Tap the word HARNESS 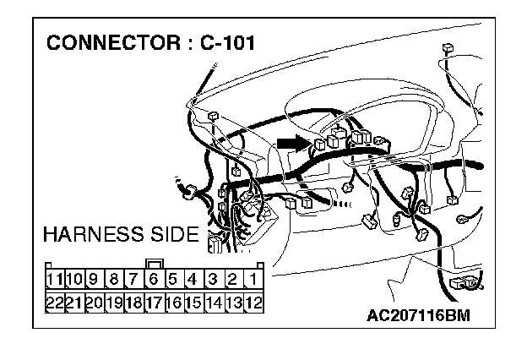90,234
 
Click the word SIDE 171,234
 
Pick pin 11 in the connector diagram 56,278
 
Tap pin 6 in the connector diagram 154,278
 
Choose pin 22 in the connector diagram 56,301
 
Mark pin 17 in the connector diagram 154,301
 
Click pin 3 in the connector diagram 213,278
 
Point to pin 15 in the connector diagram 193,301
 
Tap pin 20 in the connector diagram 95,301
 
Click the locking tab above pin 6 154,261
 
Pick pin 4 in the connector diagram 193,278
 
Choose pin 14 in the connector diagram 213,301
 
